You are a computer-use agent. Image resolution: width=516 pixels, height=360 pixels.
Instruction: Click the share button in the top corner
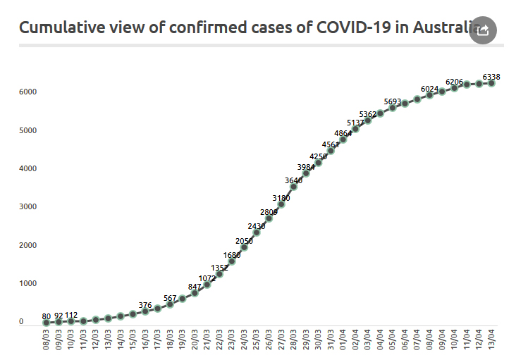coord(483,30)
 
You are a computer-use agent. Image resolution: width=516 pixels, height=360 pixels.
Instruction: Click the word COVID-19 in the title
coord(350,28)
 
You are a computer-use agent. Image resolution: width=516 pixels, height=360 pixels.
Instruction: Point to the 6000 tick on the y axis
coord(27,92)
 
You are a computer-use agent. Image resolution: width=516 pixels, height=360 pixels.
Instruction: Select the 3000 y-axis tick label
coord(27,207)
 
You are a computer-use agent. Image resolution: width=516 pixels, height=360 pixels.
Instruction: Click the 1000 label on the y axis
coord(27,284)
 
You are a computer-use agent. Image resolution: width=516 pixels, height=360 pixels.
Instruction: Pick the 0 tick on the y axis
coord(21,322)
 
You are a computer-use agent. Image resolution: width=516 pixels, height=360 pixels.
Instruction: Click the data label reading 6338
coord(492,76)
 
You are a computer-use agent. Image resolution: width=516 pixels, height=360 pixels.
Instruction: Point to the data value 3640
coord(294,180)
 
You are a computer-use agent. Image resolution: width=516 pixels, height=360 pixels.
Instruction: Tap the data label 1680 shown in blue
coord(232,255)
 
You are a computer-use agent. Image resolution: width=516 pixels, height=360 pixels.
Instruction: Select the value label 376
coord(145,305)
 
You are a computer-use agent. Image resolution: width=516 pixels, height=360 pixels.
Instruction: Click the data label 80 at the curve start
coord(47,316)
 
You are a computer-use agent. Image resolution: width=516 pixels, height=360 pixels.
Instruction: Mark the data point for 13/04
coord(491,83)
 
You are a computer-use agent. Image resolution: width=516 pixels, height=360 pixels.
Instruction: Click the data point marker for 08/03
coord(47,322)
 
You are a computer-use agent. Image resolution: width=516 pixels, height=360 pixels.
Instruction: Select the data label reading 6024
coord(430,89)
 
